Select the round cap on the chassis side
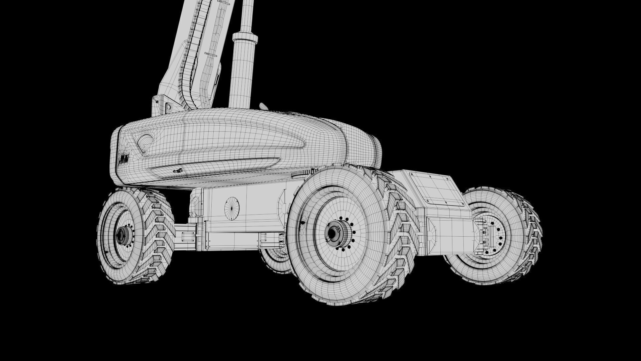coord(232,209)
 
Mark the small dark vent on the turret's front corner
coord(124,159)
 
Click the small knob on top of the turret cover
coord(264,107)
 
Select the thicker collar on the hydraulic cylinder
coord(246,40)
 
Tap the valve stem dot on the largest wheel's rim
coord(303,222)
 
